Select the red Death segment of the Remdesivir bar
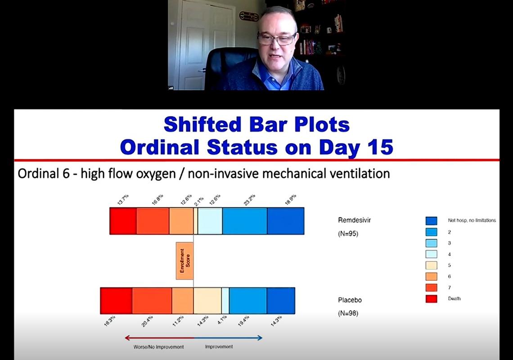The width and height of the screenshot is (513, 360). pyautogui.click(x=123, y=221)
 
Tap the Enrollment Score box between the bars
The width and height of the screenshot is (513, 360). pyautogui.click(x=184, y=261)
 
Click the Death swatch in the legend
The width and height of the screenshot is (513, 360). pyautogui.click(x=431, y=298)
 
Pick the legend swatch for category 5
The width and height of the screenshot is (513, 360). pyautogui.click(x=431, y=265)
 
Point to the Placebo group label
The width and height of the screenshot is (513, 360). pyautogui.click(x=350, y=300)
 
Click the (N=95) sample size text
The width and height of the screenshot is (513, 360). pyautogui.click(x=348, y=234)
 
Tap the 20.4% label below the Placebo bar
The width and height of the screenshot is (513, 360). pyautogui.click(x=148, y=321)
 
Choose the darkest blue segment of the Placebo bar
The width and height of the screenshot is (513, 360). pyautogui.click(x=281, y=301)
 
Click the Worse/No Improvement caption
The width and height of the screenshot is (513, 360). pyautogui.click(x=158, y=347)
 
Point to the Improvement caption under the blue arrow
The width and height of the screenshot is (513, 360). pyautogui.click(x=219, y=347)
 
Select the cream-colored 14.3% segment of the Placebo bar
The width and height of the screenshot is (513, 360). pyautogui.click(x=207, y=301)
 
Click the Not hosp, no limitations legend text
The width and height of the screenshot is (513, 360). pyautogui.click(x=472, y=220)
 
